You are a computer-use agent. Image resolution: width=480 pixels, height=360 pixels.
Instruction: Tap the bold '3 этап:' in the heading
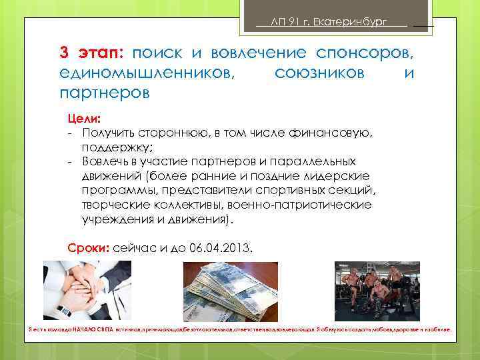tap(92, 52)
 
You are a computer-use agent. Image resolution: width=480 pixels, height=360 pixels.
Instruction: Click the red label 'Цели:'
tap(83, 119)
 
